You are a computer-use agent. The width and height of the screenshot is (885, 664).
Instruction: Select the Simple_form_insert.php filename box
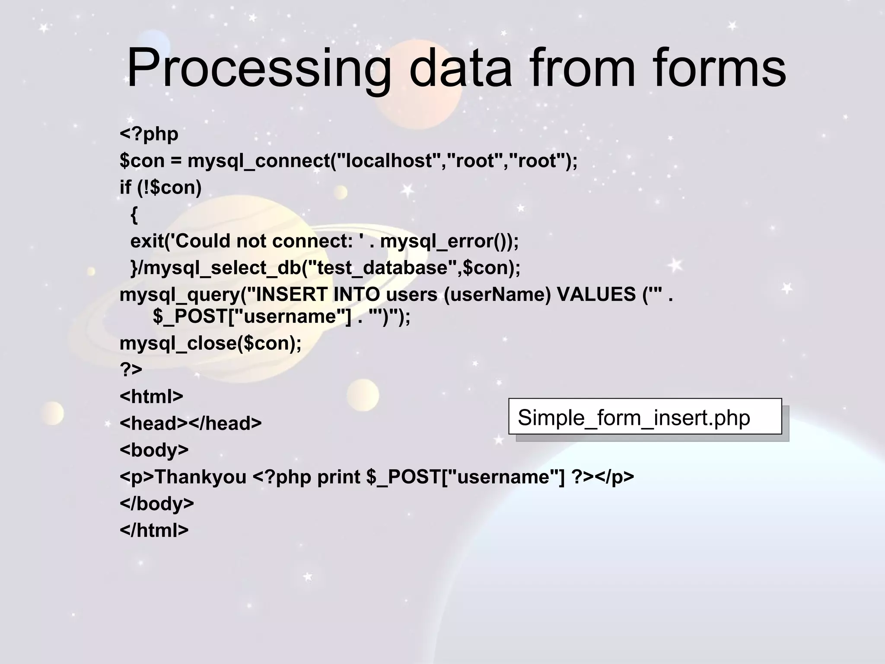point(645,417)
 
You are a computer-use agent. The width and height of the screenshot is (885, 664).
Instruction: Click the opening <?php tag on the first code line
point(149,134)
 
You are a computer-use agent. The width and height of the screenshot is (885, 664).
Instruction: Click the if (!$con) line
point(160,188)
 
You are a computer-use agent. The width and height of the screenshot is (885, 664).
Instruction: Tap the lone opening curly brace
point(134,215)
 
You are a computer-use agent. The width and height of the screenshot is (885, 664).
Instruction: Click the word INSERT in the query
point(292,295)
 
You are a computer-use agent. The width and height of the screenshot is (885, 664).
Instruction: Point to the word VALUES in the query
point(596,295)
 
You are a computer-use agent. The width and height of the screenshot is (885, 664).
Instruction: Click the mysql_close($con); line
point(210,344)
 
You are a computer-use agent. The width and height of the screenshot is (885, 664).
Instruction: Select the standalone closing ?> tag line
point(131,370)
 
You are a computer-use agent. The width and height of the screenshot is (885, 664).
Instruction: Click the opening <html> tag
point(151,396)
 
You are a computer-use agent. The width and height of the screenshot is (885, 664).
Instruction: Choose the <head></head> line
point(191,423)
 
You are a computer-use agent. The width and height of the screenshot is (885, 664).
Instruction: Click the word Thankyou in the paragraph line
point(200,477)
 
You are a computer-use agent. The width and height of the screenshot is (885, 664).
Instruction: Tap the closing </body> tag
point(156,504)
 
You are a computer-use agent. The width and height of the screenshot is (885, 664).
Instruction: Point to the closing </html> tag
point(154,530)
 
